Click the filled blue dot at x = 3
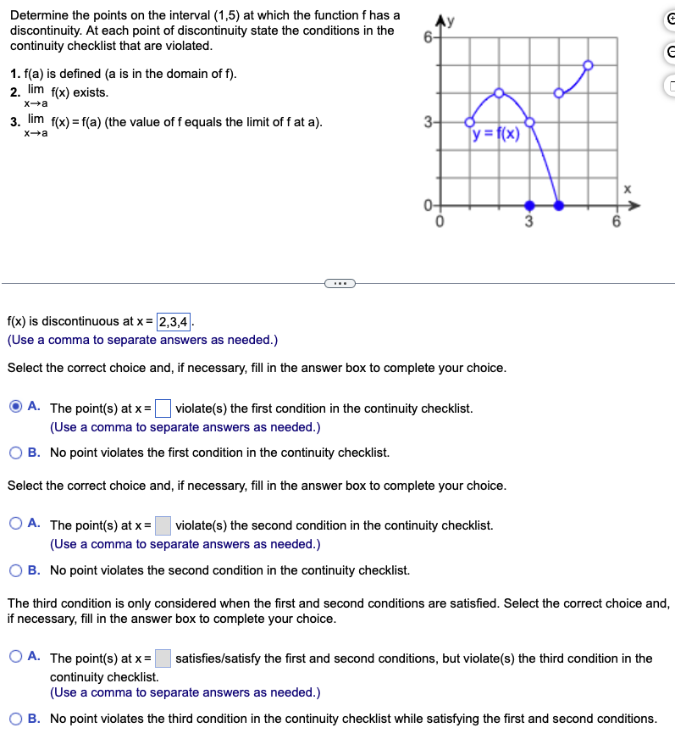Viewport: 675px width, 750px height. coord(529,205)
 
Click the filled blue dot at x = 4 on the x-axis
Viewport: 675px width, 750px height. coord(558,205)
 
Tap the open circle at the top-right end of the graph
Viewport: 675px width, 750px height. coord(588,64)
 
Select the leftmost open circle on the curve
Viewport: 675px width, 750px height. coord(470,122)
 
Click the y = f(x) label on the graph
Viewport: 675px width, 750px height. coord(496,134)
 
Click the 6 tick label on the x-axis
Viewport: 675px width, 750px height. coord(617,223)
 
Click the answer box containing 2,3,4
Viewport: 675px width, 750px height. coord(174,321)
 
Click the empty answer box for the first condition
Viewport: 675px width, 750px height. coord(163,408)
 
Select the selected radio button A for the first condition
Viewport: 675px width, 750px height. coord(16,408)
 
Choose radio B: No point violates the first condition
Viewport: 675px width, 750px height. coord(16,453)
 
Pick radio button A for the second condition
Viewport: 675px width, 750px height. coord(16,525)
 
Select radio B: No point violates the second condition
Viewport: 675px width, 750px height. coord(16,570)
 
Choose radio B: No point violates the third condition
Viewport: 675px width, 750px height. coord(16,719)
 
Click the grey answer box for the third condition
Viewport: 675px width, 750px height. coord(163,658)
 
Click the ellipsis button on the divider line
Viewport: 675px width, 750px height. coord(338,283)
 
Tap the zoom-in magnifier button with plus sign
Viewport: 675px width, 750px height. coord(668,21)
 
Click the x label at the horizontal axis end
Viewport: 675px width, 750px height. coord(628,190)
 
